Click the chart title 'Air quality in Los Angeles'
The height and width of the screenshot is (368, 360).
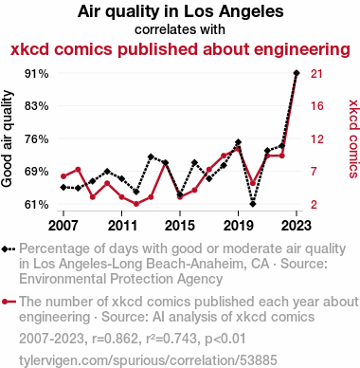pyautogui.click(x=180, y=11)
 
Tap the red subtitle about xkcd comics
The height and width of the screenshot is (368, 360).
pyautogui.click(x=180, y=49)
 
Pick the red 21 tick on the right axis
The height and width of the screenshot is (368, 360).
pyautogui.click(x=316, y=74)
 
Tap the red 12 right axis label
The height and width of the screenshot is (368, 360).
pyautogui.click(x=316, y=138)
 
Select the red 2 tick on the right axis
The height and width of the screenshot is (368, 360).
pyautogui.click(x=314, y=205)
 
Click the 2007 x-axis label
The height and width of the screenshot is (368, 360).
pyautogui.click(x=63, y=226)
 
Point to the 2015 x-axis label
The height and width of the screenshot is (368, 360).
pyautogui.click(x=180, y=226)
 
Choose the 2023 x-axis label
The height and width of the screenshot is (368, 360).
pyautogui.click(x=297, y=226)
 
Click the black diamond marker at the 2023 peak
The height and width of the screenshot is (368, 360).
pyautogui.click(x=297, y=73)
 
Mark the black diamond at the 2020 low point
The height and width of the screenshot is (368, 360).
pyautogui.click(x=253, y=204)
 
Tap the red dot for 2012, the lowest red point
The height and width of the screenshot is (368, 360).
pyautogui.click(x=136, y=204)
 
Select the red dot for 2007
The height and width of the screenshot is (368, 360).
pyautogui.click(x=63, y=176)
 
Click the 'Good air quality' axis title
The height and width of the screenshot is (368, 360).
pyautogui.click(x=7, y=138)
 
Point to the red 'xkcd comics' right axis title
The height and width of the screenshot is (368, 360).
pyautogui.click(x=353, y=138)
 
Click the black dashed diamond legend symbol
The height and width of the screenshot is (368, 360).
pyautogui.click(x=9, y=249)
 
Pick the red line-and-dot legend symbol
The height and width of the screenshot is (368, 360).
pyautogui.click(x=9, y=302)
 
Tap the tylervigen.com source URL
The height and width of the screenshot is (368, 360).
pyautogui.click(x=148, y=360)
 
